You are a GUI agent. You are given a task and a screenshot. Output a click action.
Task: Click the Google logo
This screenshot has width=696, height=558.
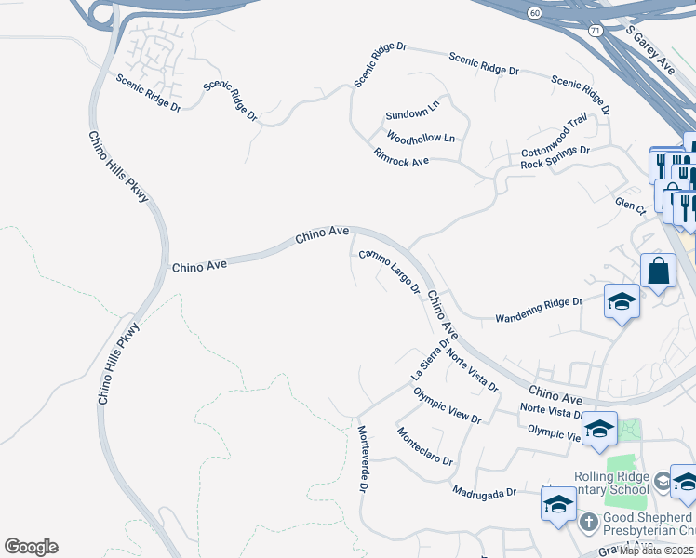31,547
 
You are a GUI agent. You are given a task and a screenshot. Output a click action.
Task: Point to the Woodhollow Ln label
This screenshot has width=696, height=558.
421,139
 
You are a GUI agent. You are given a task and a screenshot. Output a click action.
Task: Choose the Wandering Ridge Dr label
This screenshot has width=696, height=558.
538,302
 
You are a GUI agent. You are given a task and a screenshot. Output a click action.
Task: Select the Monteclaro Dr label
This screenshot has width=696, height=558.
424,447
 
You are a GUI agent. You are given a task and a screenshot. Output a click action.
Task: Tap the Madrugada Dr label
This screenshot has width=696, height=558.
484,490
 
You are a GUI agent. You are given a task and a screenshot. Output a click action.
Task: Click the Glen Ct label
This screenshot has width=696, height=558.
630,206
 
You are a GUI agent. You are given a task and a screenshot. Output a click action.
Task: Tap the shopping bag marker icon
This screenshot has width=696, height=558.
658,271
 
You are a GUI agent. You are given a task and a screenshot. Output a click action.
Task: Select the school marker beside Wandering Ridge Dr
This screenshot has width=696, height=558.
622,301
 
